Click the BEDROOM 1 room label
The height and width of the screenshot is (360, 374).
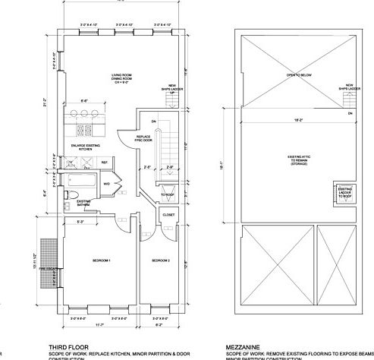point(101,261)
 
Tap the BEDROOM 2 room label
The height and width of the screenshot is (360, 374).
point(160,261)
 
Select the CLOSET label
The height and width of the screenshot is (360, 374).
point(168,215)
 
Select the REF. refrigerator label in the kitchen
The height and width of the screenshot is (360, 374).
point(104,163)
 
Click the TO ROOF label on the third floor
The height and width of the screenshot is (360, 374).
point(168,195)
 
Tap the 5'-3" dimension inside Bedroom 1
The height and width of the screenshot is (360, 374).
point(80,222)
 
